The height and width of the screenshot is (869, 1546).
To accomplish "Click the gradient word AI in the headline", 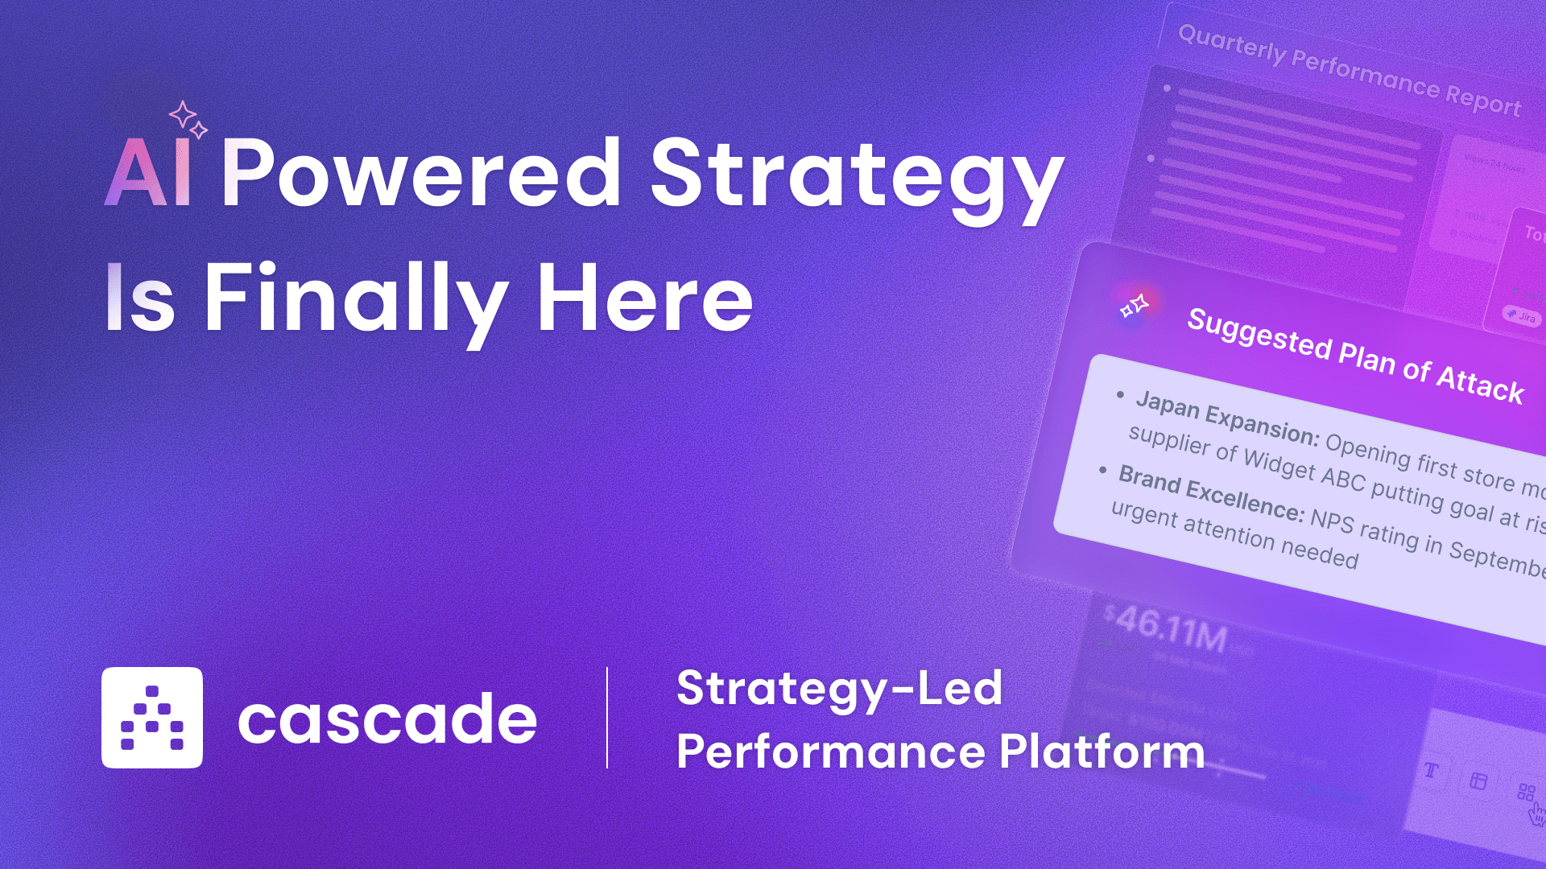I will pos(148,172).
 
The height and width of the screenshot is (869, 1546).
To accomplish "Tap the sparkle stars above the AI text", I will pos(188,119).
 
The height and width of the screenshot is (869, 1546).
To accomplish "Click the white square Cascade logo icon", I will pos(152,718).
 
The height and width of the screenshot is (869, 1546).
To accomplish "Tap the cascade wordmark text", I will pos(387,719).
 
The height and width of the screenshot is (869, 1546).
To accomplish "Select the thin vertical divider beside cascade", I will pos(607,718).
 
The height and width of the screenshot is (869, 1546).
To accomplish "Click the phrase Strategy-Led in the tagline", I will pos(840,689).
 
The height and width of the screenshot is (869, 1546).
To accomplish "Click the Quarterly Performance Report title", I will pos(1350,71).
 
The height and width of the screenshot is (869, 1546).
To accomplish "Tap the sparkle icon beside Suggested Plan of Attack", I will pos(1135,306).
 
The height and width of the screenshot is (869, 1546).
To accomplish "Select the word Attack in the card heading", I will pos(1480,383).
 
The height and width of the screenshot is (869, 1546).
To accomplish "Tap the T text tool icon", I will pos(1431,771).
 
